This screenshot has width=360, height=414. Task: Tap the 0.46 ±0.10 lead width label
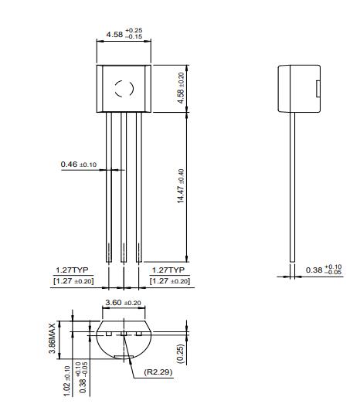pos(78,165)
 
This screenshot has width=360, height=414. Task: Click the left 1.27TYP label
pos(72,270)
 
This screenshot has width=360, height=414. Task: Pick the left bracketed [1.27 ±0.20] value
pos(72,281)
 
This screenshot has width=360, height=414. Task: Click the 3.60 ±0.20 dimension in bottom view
pos(122,303)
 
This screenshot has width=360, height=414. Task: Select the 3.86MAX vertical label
pos(53,338)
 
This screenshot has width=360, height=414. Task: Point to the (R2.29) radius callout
pos(157,372)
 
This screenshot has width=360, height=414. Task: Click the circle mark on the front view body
pos(124,87)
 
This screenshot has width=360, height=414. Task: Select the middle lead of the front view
pos(124,185)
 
